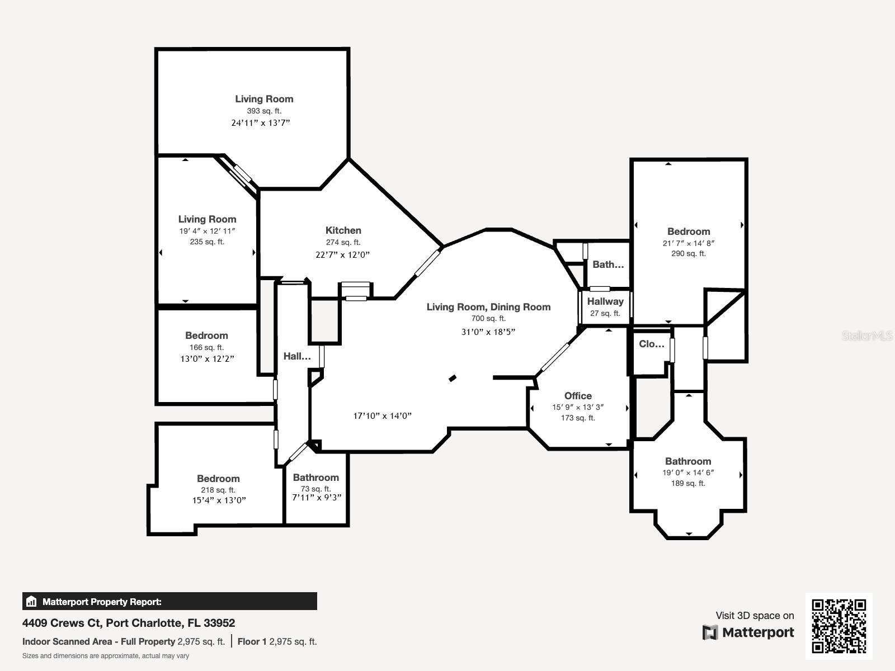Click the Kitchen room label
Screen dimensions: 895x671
(343, 230)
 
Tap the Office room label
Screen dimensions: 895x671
(578, 395)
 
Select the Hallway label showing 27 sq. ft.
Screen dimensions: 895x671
(605, 301)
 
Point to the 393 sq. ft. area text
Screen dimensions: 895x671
(264, 111)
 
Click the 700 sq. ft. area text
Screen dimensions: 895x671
(488, 319)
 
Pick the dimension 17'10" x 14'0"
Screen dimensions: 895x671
(382, 415)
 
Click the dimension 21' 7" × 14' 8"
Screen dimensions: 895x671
(688, 243)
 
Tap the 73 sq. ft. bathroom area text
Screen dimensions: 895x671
(315, 489)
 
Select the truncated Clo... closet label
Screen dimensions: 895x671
(651, 344)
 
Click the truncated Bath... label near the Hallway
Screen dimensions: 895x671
(608, 264)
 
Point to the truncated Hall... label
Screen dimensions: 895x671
(297, 356)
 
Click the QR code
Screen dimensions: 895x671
(839, 626)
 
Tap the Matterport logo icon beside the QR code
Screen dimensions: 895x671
(710, 632)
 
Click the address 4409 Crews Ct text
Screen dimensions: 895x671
(62, 623)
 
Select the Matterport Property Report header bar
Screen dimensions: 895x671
(169, 601)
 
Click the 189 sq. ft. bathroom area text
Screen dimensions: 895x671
(688, 483)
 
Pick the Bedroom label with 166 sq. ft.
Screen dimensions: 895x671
(206, 335)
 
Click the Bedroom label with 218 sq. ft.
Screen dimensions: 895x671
(218, 478)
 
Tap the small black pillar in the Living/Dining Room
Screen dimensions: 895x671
(452, 378)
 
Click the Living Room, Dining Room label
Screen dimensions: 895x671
(488, 307)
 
